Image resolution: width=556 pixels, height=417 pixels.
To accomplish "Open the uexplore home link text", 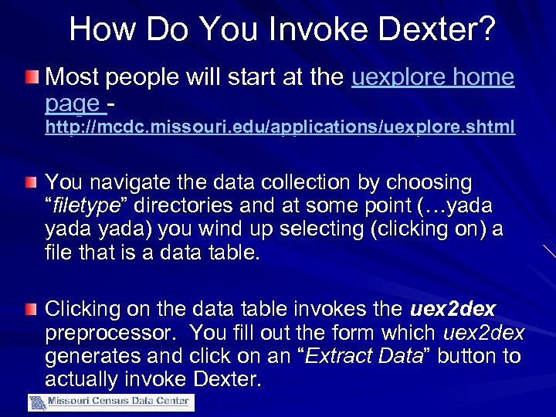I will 432,77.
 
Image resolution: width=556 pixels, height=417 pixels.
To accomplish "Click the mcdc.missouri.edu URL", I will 280,127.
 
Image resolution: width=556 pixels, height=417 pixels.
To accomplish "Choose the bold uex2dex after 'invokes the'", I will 453,310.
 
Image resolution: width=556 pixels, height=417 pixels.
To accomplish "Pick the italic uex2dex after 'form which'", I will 483,333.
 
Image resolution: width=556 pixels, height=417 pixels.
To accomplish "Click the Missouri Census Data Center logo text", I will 120,401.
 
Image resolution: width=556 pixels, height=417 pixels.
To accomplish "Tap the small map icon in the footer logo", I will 37,402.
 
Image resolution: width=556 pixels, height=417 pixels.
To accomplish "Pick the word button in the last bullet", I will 442,356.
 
